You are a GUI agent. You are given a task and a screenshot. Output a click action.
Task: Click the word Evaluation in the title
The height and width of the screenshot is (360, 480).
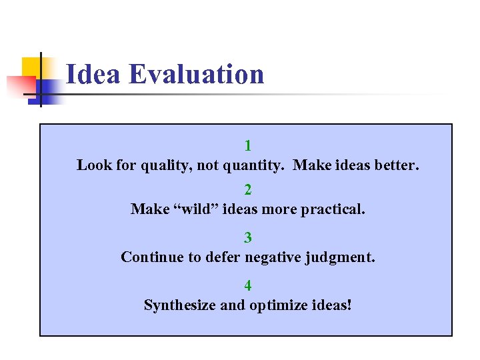point(197,74)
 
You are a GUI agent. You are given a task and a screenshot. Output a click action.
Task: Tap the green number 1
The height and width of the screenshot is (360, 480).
point(248,146)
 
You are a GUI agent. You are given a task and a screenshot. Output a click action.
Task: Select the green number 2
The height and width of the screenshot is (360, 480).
point(248,191)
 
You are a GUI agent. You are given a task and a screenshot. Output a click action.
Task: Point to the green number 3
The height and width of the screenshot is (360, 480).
point(248,238)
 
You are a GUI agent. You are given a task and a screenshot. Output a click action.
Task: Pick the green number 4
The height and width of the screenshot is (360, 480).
point(248,286)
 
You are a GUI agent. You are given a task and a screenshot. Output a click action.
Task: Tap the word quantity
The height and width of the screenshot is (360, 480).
point(255,165)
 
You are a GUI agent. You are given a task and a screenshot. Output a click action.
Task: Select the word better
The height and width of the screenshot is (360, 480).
point(397,165)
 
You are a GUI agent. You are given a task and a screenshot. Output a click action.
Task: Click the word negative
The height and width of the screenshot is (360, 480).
point(273,257)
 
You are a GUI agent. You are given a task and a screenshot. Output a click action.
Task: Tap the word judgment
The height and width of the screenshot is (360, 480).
point(341,257)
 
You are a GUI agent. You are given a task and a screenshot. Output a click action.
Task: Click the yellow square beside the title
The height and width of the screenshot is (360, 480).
point(32,68)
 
